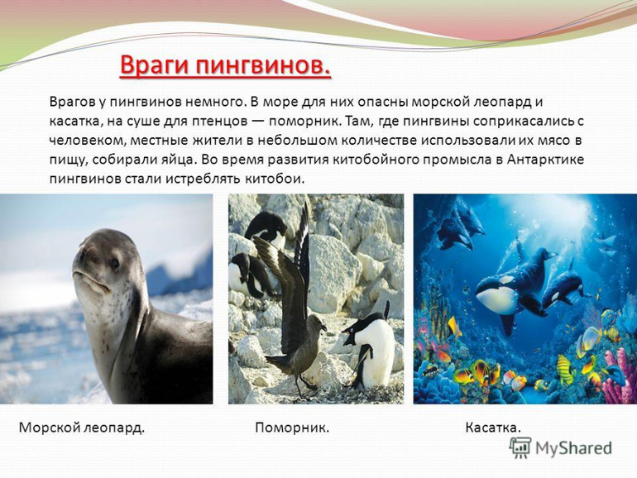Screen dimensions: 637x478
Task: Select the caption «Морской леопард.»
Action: (x=82, y=428)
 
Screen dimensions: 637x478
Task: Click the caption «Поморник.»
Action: (x=292, y=428)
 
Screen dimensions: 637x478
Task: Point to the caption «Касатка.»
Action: (x=493, y=428)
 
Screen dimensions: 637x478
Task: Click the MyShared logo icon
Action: (x=520, y=448)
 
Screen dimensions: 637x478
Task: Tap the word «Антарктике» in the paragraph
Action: (x=545, y=160)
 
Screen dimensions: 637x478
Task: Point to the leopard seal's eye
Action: (x=115, y=265)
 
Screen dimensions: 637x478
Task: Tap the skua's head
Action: (x=316, y=323)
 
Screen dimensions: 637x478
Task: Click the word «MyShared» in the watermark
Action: (x=573, y=449)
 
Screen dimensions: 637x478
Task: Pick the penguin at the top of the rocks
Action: (x=266, y=228)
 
